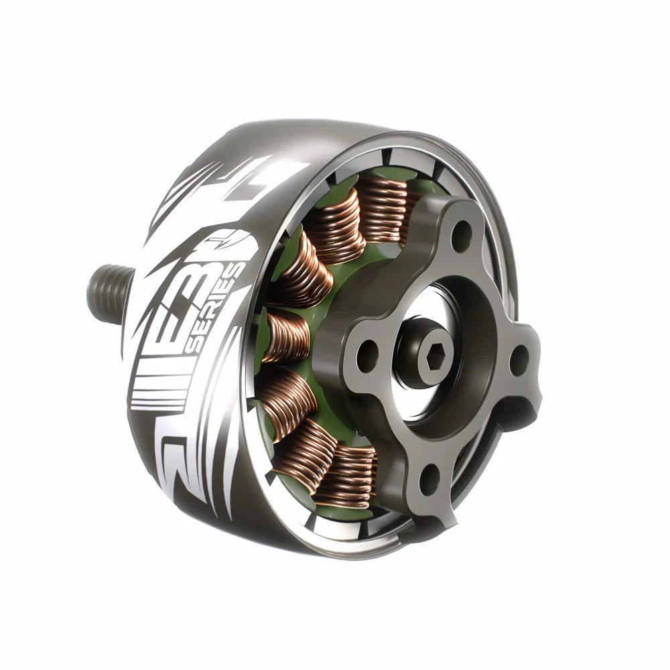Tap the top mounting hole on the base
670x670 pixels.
pyautogui.click(x=460, y=235)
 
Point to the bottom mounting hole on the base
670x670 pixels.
pyautogui.click(x=429, y=477)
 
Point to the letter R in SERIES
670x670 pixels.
pyautogui.click(x=217, y=315)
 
